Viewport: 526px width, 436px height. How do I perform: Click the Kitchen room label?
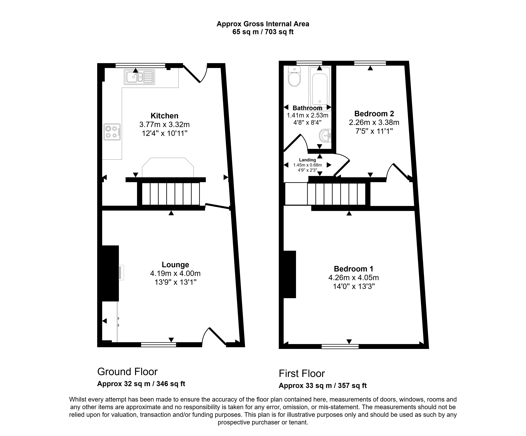click(164, 116)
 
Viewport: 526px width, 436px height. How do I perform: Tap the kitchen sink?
click(139, 77)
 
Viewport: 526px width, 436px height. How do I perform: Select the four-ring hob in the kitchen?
click(112, 132)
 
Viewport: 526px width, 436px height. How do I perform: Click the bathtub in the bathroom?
click(320, 88)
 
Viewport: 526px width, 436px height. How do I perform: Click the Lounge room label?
click(175, 265)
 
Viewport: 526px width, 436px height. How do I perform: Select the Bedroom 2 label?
click(374, 114)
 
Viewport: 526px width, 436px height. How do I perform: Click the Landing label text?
click(307, 160)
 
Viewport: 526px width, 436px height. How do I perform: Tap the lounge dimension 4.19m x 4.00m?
click(175, 273)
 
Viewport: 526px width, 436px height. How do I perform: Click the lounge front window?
click(159, 345)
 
